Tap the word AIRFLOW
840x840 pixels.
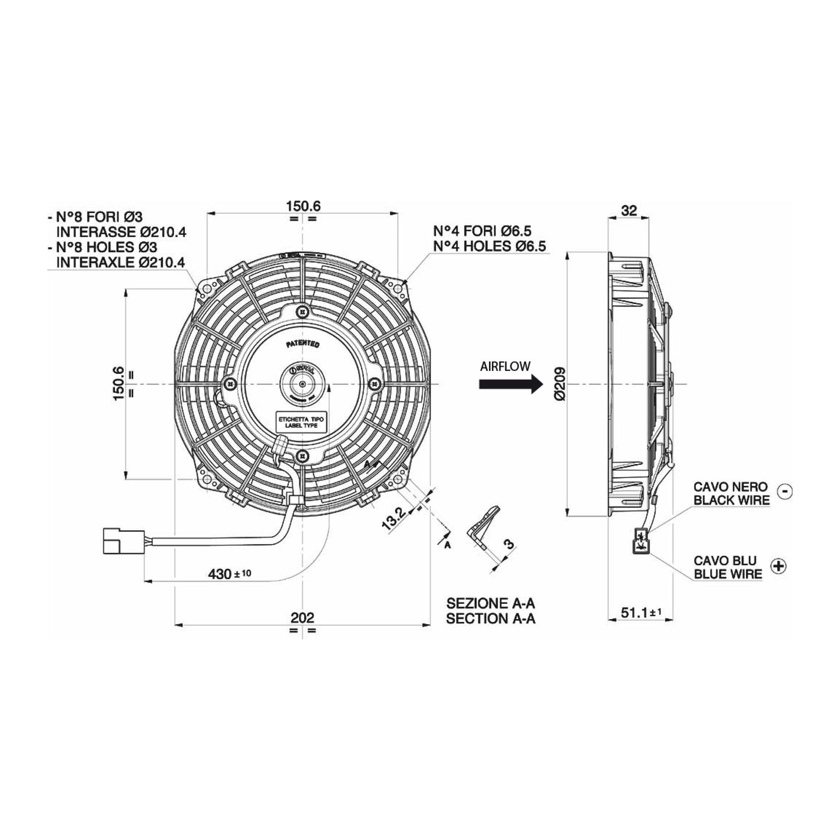(505, 366)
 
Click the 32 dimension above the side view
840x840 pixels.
(629, 210)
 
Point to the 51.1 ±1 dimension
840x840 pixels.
(638, 613)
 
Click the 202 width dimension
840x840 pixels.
(302, 617)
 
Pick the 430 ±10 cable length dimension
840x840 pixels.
(230, 574)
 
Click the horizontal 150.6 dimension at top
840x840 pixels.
(303, 206)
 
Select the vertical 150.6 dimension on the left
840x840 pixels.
(119, 383)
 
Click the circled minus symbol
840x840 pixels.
(784, 491)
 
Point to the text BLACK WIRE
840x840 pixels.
(731, 499)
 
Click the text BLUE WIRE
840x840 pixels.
(727, 574)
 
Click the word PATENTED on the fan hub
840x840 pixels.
(303, 344)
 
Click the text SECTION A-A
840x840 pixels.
(491, 619)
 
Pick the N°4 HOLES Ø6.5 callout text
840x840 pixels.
(489, 246)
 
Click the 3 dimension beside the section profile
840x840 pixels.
(509, 544)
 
